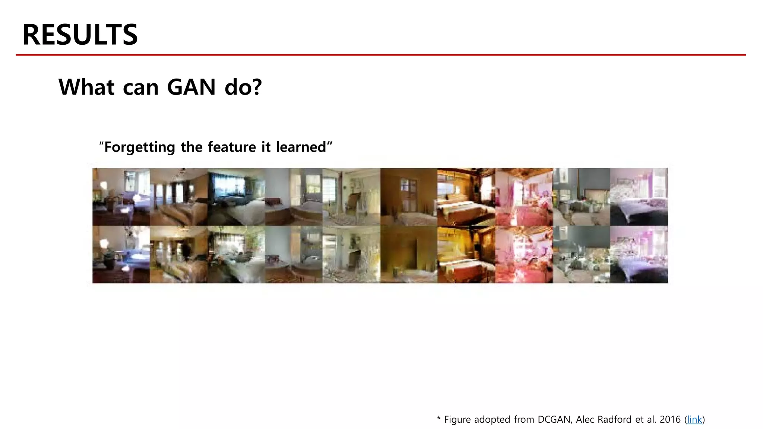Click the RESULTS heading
tap(80, 35)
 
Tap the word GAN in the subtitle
tap(191, 87)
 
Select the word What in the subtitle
tap(86, 87)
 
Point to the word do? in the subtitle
tap(243, 87)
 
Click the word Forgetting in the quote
tap(139, 147)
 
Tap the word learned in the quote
tap(301, 147)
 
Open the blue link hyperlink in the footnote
tap(694, 420)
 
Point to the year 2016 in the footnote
tap(670, 420)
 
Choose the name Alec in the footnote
tap(585, 420)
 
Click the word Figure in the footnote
tap(458, 420)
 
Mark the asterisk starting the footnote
tap(439, 419)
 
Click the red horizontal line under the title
tap(381, 55)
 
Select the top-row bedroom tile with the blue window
tap(236, 197)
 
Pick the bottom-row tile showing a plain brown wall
tap(409, 254)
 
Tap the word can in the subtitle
tap(140, 88)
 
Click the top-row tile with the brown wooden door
tap(409, 197)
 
